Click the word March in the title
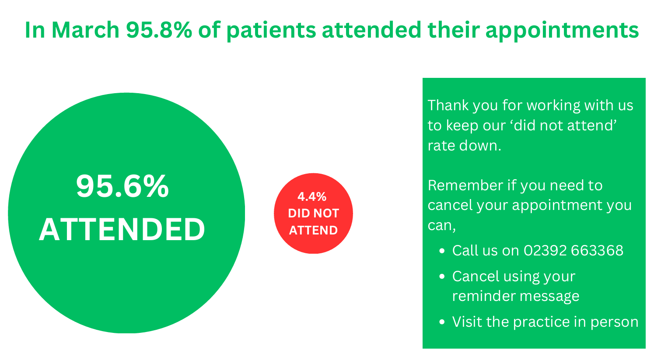click(x=86, y=30)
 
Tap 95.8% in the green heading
click(x=159, y=30)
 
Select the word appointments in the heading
click(x=562, y=30)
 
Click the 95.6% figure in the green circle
click(x=122, y=186)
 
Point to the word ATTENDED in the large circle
click(x=122, y=230)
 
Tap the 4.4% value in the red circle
click(x=312, y=197)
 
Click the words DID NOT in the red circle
click(x=314, y=213)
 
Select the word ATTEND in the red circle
click(x=314, y=231)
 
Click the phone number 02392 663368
click(x=574, y=251)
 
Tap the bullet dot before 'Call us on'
click(x=442, y=251)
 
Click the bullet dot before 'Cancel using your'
click(x=442, y=276)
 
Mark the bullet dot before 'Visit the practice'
click(x=442, y=322)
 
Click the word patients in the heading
click(x=271, y=30)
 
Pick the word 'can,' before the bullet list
click(x=442, y=226)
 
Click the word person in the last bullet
click(x=614, y=323)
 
